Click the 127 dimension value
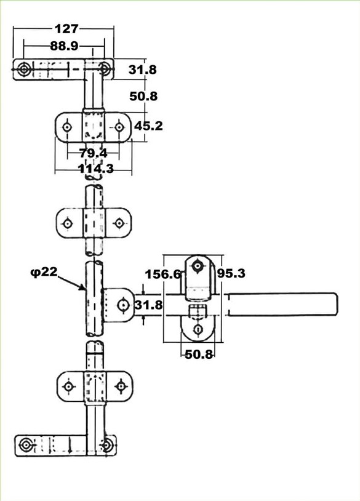[x=66, y=29]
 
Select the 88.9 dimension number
[x=64, y=46]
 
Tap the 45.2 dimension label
[x=148, y=126]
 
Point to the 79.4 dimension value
[x=94, y=153]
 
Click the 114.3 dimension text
[x=96, y=169]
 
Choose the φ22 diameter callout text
[x=44, y=272]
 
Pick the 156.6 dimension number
[x=163, y=274]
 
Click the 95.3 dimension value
[x=231, y=273]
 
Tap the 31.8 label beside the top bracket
[x=143, y=70]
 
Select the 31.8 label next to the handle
[x=148, y=305]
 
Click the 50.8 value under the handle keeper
[x=199, y=354]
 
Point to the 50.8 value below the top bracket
[x=143, y=96]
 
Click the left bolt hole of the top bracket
[x=23, y=69]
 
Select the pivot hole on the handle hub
[x=123, y=305]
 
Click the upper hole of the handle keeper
[x=198, y=266]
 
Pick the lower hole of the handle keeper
[x=198, y=329]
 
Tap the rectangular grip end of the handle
[x=282, y=304]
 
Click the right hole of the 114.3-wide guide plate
[x=119, y=127]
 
